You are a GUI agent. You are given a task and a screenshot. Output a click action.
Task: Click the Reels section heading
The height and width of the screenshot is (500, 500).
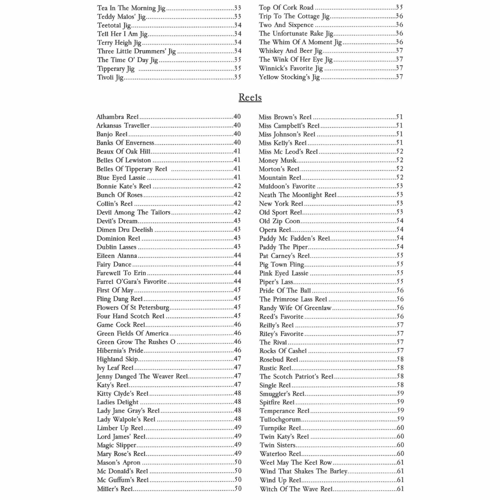click(250, 97)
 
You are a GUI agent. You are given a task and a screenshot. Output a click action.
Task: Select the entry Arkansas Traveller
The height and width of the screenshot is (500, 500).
click(123, 126)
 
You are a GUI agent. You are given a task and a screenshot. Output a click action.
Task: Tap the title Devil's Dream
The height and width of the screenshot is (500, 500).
click(117, 221)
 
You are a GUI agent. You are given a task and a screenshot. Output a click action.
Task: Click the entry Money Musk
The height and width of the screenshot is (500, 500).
click(277, 160)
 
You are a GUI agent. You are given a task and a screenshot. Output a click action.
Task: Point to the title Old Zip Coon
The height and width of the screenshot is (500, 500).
click(279, 221)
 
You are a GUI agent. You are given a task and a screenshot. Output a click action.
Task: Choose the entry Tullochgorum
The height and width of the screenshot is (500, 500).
click(280, 419)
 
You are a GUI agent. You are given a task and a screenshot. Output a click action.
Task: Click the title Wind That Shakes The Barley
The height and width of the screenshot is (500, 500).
click(303, 471)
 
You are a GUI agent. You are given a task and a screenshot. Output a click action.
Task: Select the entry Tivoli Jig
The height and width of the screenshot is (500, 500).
click(110, 77)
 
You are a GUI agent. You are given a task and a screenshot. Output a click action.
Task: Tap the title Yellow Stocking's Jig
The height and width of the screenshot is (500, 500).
click(289, 77)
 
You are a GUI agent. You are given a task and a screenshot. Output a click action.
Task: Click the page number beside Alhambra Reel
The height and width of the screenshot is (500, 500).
click(237, 117)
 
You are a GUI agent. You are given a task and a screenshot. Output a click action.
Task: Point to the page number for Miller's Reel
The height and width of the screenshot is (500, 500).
click(238, 489)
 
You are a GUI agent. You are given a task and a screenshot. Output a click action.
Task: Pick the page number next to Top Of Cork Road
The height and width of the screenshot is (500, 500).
click(399, 7)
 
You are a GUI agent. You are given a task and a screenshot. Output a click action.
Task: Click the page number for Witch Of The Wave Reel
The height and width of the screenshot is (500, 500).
click(400, 489)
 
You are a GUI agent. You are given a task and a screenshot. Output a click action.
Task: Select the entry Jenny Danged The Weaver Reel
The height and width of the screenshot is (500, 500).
click(142, 376)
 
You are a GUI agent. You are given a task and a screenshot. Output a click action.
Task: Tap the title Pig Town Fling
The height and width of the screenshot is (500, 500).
click(282, 264)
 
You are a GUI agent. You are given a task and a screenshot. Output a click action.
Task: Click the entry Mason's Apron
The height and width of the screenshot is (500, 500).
click(118, 463)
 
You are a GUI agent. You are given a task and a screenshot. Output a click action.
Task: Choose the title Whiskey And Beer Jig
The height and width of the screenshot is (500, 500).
click(290, 51)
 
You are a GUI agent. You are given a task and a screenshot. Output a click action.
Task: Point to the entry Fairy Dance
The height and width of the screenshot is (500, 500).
click(114, 264)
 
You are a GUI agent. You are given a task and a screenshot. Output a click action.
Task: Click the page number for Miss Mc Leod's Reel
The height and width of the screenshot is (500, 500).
click(400, 151)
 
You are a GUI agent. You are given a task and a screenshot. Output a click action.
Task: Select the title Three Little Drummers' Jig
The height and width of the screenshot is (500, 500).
click(136, 51)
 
